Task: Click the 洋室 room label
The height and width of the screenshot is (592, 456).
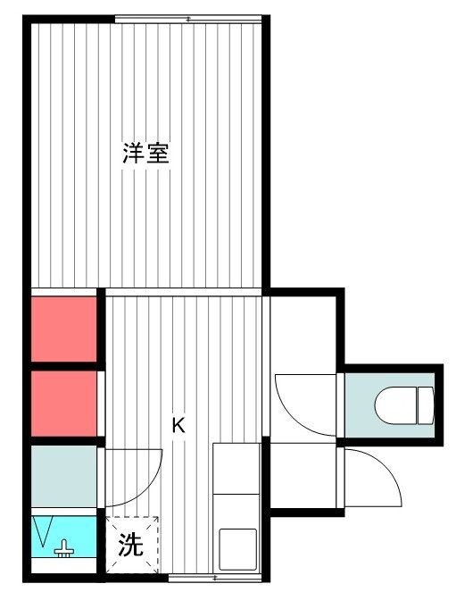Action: tap(145, 153)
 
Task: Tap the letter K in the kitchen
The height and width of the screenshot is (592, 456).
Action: tap(178, 426)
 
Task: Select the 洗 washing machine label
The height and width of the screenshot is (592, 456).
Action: tap(130, 545)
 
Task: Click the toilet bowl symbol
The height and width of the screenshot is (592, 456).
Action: tap(395, 405)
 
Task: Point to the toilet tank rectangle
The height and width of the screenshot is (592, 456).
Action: tap(426, 405)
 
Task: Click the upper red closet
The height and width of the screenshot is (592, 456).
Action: tap(63, 329)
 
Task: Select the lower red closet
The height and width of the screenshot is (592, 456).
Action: tap(63, 404)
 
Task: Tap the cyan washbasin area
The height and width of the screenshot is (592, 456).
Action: tap(63, 537)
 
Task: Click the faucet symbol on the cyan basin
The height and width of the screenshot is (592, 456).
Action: tap(64, 549)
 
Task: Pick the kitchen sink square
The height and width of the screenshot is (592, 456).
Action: tap(238, 549)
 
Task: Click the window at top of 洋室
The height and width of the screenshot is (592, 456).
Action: tap(188, 19)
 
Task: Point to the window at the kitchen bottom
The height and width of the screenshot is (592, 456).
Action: tap(214, 578)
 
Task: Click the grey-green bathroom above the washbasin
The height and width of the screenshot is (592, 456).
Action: tap(63, 477)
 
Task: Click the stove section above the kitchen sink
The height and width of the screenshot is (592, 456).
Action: tap(236, 469)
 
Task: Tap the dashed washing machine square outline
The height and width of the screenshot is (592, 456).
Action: tap(132, 545)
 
